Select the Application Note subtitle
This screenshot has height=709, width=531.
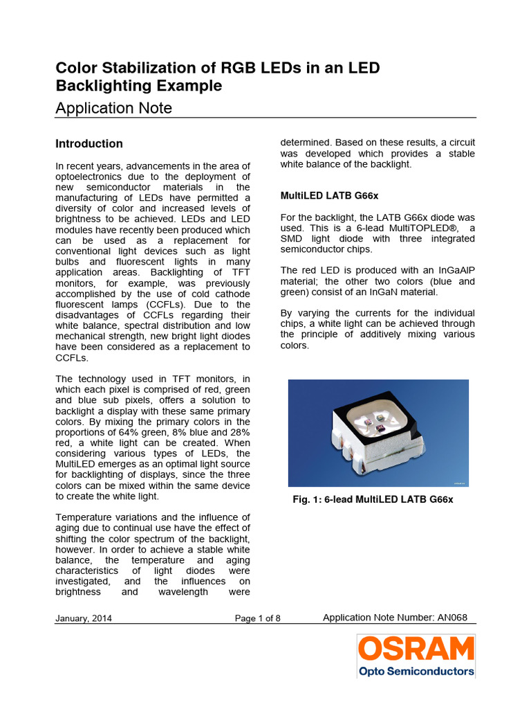coord(113,108)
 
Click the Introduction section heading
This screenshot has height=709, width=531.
coord(89,143)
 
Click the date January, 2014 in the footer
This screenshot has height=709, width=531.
coord(84,618)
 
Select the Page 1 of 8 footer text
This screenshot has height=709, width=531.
coord(258,618)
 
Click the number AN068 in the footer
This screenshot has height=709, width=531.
coord(457,617)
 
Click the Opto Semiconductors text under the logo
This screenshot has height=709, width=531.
coord(416,671)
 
